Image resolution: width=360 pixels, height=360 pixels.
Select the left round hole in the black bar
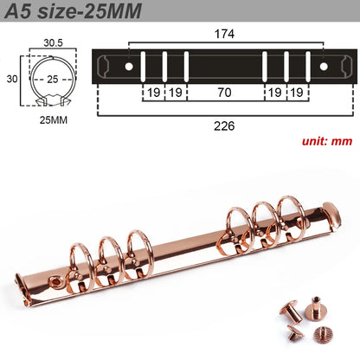pyautogui.click(x=129, y=66)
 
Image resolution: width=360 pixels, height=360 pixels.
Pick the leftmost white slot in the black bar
pyautogui.click(x=144, y=66)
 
